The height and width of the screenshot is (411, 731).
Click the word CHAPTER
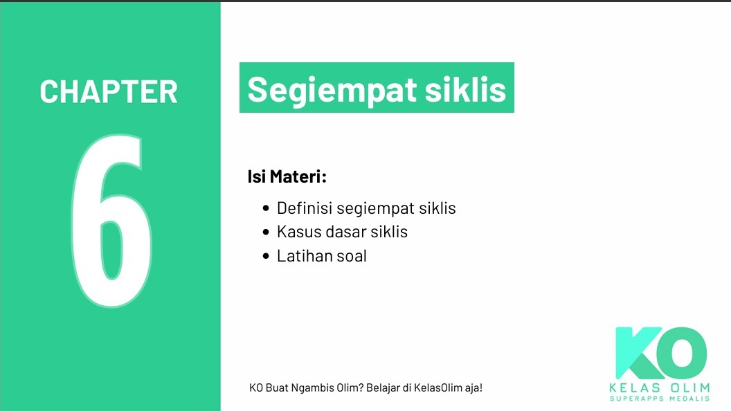coord(109,92)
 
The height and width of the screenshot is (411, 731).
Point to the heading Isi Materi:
coord(287,177)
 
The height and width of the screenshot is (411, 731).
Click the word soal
coord(352,256)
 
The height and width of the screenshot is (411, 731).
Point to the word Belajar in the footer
coord(384,387)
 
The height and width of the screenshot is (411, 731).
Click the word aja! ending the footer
coord(473,387)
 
